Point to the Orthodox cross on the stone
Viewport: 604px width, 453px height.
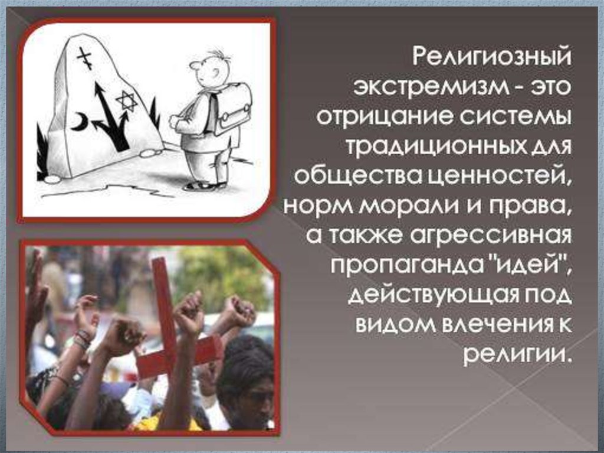pyautogui.click(x=85, y=57)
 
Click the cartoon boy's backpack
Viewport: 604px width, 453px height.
pyautogui.click(x=229, y=108)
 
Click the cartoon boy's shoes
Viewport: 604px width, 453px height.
pyautogui.click(x=204, y=185)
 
